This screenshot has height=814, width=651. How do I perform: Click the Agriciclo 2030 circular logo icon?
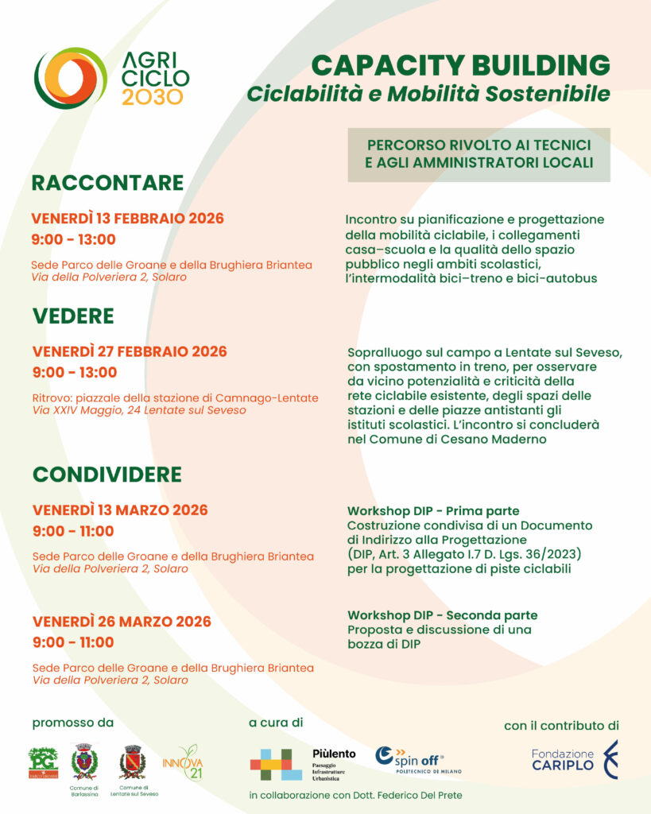click(70, 77)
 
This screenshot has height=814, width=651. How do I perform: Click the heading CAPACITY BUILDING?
click(460, 65)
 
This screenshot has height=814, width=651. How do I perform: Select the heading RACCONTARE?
click(107, 183)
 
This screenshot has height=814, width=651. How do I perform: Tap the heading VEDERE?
click(73, 316)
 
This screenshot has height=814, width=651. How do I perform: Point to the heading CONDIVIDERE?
click(107, 475)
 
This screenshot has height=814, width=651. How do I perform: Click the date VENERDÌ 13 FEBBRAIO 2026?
click(127, 219)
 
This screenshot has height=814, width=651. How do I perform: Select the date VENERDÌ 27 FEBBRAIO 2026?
click(130, 351)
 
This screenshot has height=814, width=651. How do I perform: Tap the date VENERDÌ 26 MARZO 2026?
click(121, 622)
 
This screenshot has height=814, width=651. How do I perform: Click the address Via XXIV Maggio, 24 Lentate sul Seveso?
click(139, 410)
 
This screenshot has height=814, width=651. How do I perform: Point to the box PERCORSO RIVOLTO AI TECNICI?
click(479, 154)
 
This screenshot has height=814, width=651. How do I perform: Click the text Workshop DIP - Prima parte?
click(433, 510)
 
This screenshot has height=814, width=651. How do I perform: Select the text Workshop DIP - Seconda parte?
click(442, 615)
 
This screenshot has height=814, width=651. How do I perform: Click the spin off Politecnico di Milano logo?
click(417, 760)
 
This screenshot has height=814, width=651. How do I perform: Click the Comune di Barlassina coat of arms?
click(83, 762)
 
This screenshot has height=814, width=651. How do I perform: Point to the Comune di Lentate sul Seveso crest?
click(132, 762)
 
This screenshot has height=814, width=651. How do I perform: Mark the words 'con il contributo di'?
click(561, 725)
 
